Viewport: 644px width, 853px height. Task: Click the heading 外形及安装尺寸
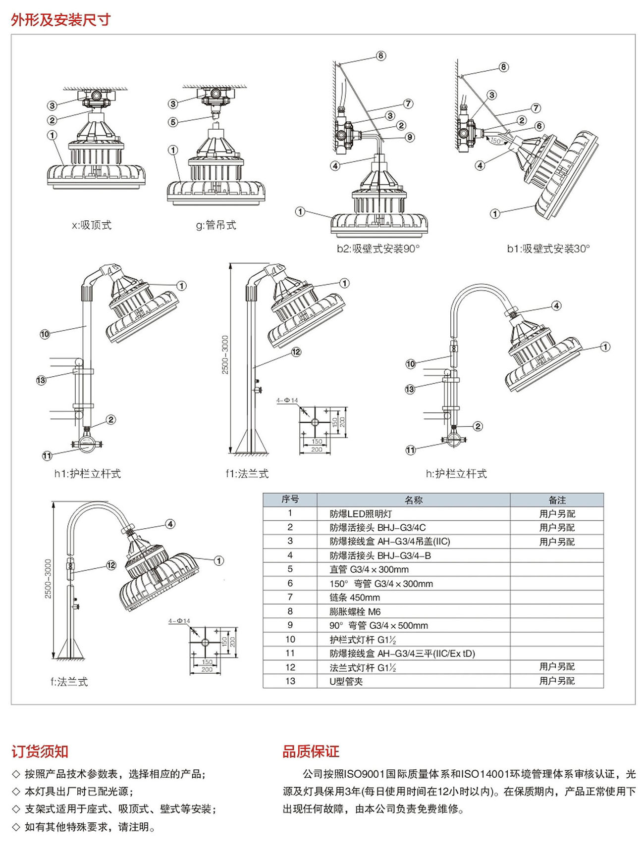[x=60, y=20]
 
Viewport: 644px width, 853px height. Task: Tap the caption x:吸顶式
[x=92, y=225]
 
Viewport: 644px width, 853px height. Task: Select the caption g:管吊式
[x=216, y=225]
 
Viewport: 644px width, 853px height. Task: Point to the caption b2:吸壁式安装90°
[x=378, y=249]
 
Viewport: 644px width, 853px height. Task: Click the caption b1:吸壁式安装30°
[x=548, y=249]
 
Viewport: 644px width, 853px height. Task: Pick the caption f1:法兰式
[x=247, y=474]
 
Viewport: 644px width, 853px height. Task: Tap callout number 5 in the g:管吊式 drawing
[x=173, y=122]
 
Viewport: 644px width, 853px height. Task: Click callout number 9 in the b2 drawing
[x=410, y=137]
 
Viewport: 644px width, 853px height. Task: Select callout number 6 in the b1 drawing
[x=539, y=126]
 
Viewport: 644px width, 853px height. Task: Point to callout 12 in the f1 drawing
[x=296, y=352]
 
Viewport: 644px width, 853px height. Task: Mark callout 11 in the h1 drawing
[x=47, y=455]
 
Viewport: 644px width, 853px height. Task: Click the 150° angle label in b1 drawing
[x=496, y=141]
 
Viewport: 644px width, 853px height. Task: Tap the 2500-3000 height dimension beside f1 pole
[x=225, y=355]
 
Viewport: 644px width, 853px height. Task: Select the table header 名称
[x=414, y=500]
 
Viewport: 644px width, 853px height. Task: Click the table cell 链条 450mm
[x=355, y=598]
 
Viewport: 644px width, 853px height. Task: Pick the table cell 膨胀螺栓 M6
[x=355, y=611]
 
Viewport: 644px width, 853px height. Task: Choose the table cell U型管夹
[x=346, y=681]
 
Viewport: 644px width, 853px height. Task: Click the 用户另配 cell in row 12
[x=557, y=667]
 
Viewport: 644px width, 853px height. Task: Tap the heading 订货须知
[x=40, y=752]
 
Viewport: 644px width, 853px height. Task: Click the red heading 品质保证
[x=311, y=752]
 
